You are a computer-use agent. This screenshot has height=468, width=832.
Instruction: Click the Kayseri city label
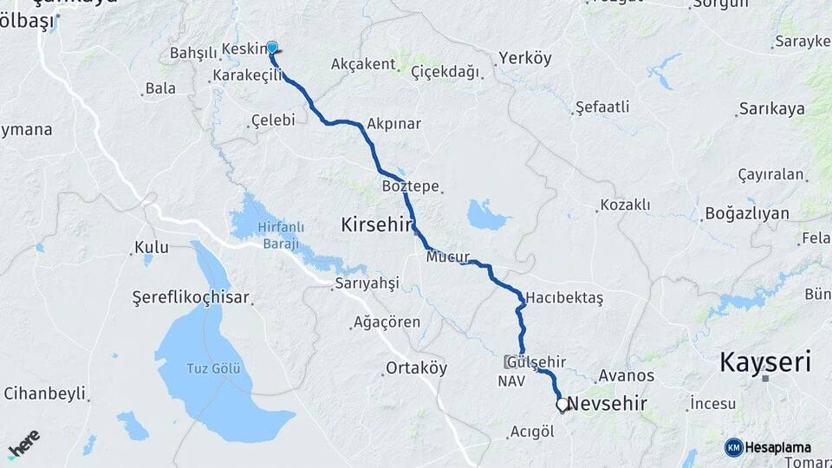[765, 362]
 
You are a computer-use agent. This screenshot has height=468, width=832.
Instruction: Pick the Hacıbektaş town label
[563, 296]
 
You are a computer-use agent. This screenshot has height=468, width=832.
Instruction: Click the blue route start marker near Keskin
[272, 49]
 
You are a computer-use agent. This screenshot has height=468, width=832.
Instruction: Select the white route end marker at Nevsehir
[562, 404]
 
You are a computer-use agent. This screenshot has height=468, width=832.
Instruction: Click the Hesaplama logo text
[777, 447]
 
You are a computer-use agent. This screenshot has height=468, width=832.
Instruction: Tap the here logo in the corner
[23, 441]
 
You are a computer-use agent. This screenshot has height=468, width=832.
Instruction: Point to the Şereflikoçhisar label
[191, 297]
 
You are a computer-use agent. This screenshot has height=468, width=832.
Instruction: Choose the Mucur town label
[447, 257]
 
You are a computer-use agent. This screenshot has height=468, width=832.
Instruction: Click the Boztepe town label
[410, 186]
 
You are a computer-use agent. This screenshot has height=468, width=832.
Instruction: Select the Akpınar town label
[394, 124]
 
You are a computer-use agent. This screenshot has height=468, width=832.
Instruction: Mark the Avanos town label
[627, 375]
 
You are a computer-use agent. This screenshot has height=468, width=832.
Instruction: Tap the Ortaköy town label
[417, 367]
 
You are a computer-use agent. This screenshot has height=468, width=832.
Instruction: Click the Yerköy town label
[524, 59]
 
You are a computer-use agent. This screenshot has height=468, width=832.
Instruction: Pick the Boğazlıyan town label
[747, 213]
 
